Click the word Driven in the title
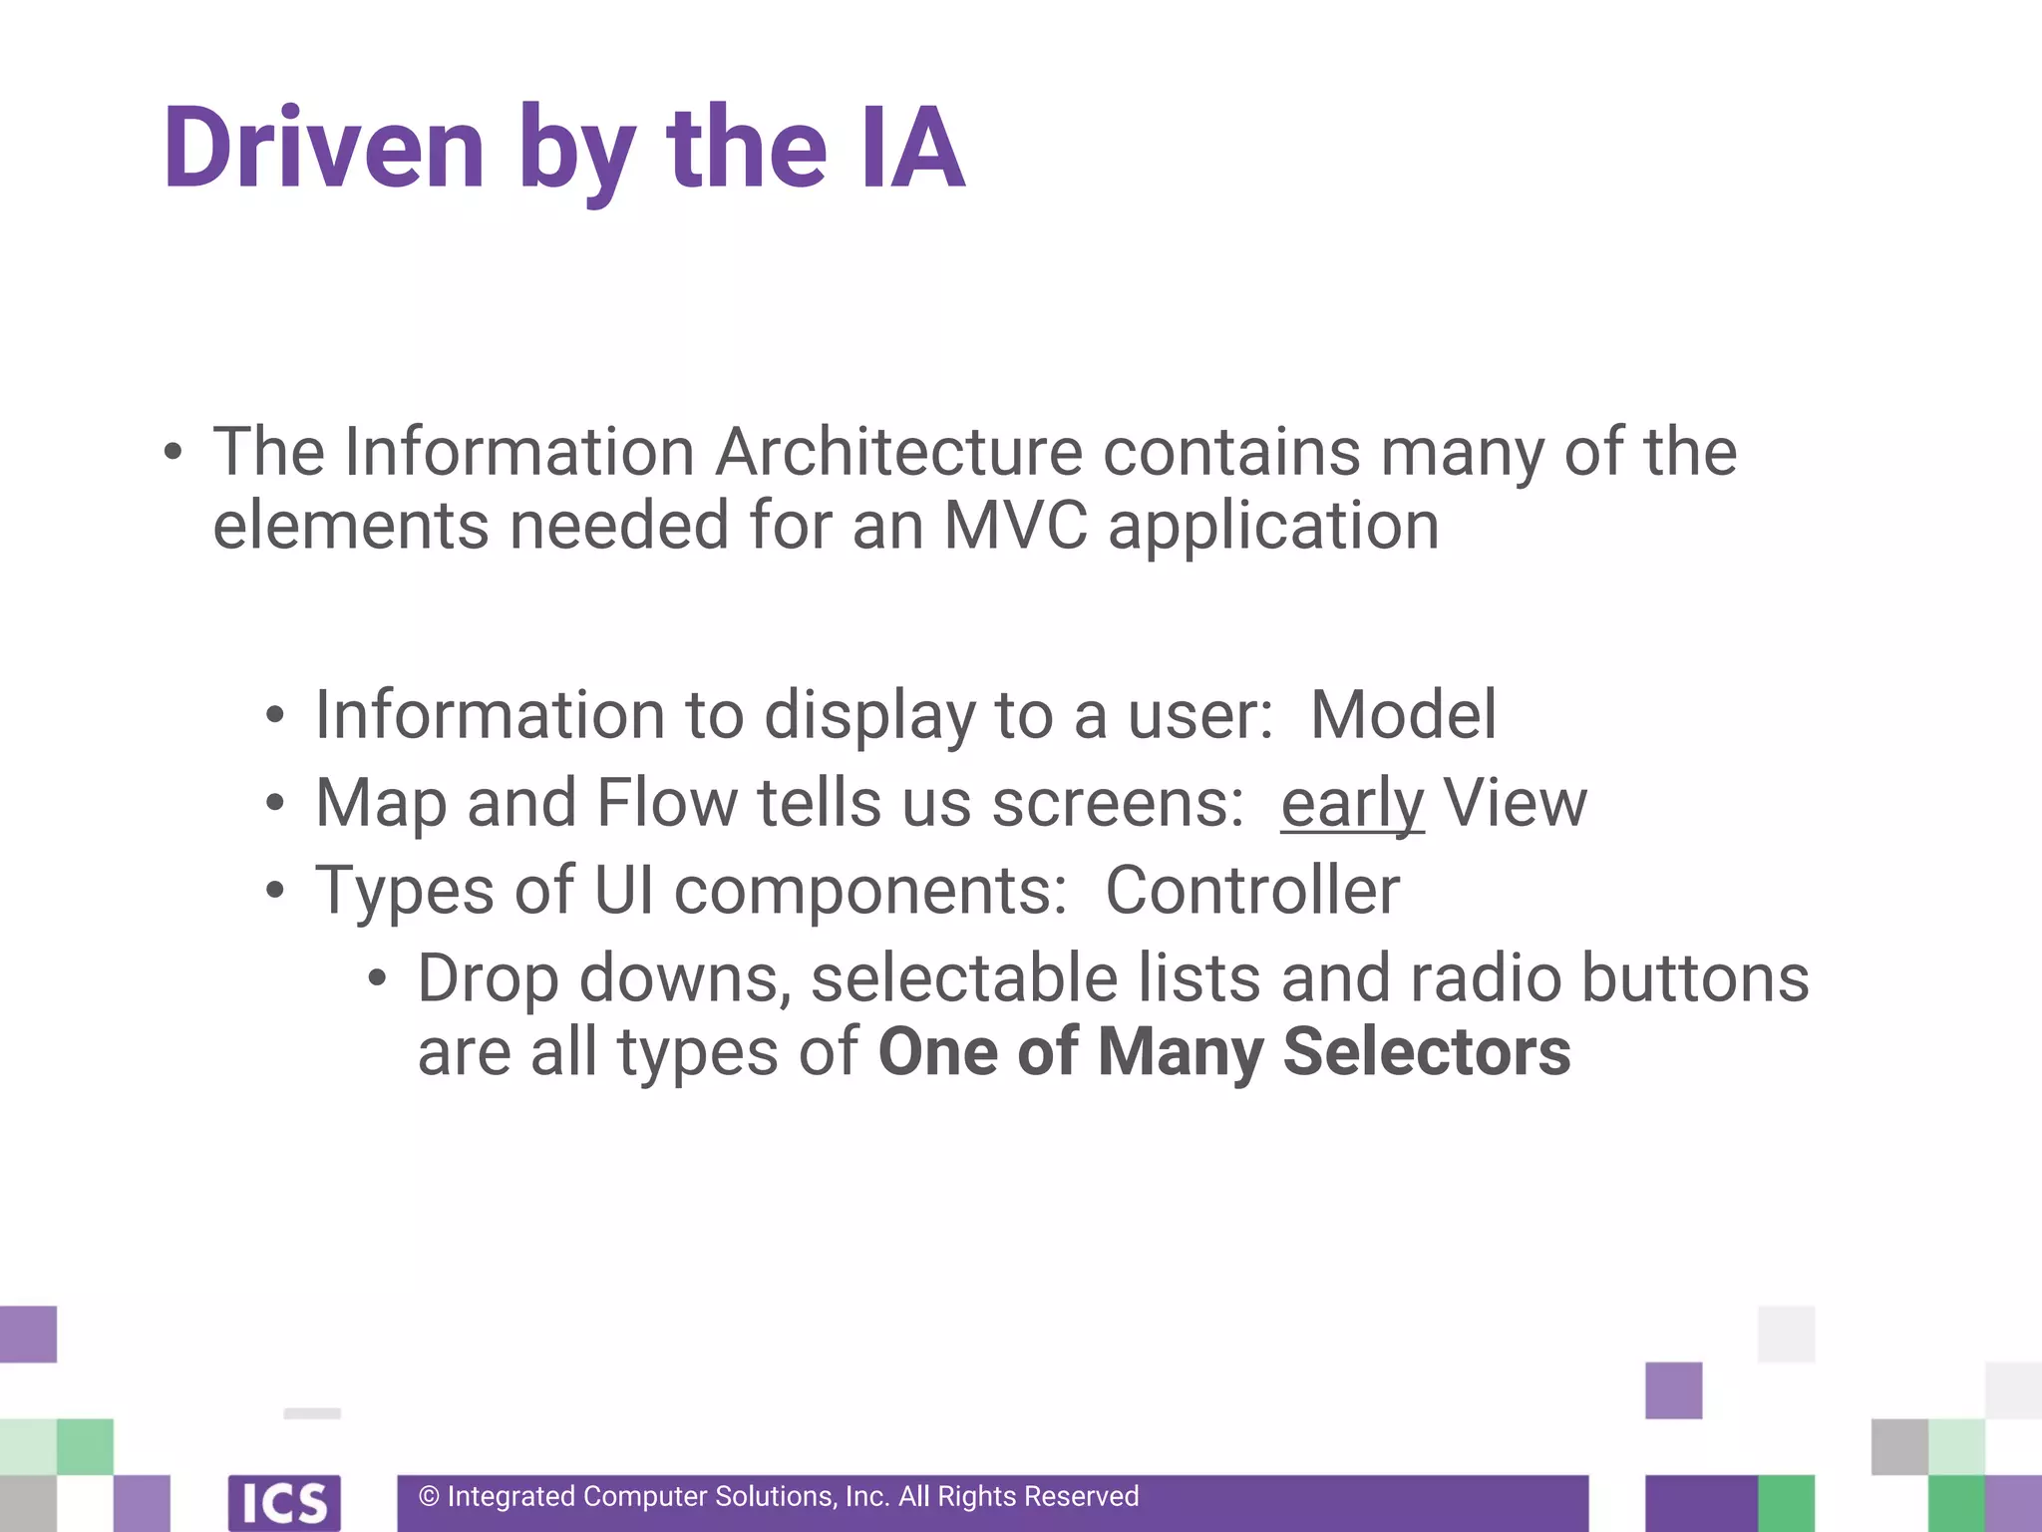(x=324, y=150)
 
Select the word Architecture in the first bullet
(x=898, y=453)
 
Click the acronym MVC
(x=1015, y=526)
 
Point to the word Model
(x=1403, y=715)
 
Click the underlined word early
(x=1352, y=804)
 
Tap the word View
(x=1515, y=803)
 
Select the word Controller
(x=1252, y=890)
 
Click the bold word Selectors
(x=1426, y=1052)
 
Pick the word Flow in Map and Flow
(x=666, y=803)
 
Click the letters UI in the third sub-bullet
(x=623, y=890)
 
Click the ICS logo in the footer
(x=284, y=1502)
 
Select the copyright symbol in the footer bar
(x=429, y=1497)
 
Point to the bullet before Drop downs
(x=376, y=978)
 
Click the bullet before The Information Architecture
(x=172, y=453)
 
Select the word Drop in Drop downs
(x=488, y=980)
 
